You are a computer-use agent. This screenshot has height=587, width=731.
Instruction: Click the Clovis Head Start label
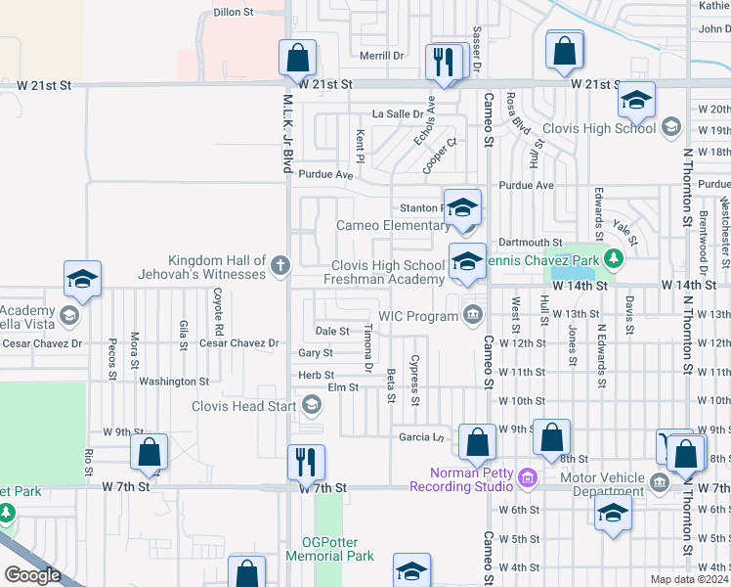[244, 406]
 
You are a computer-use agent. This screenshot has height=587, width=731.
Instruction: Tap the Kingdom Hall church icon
[280, 264]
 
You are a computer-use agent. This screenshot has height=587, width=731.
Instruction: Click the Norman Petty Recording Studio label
[461, 479]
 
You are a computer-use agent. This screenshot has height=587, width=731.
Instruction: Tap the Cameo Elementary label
[393, 226]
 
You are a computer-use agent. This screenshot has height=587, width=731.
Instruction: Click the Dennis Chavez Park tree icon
[613, 259]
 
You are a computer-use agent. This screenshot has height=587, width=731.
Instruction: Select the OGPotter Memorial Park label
[330, 548]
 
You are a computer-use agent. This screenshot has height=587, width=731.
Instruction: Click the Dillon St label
[234, 13]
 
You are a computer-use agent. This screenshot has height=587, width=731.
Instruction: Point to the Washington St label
[173, 382]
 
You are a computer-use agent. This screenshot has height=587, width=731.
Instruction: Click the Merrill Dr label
[381, 56]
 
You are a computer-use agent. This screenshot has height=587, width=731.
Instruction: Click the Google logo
[32, 575]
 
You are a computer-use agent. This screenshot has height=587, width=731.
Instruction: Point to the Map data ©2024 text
[689, 579]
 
